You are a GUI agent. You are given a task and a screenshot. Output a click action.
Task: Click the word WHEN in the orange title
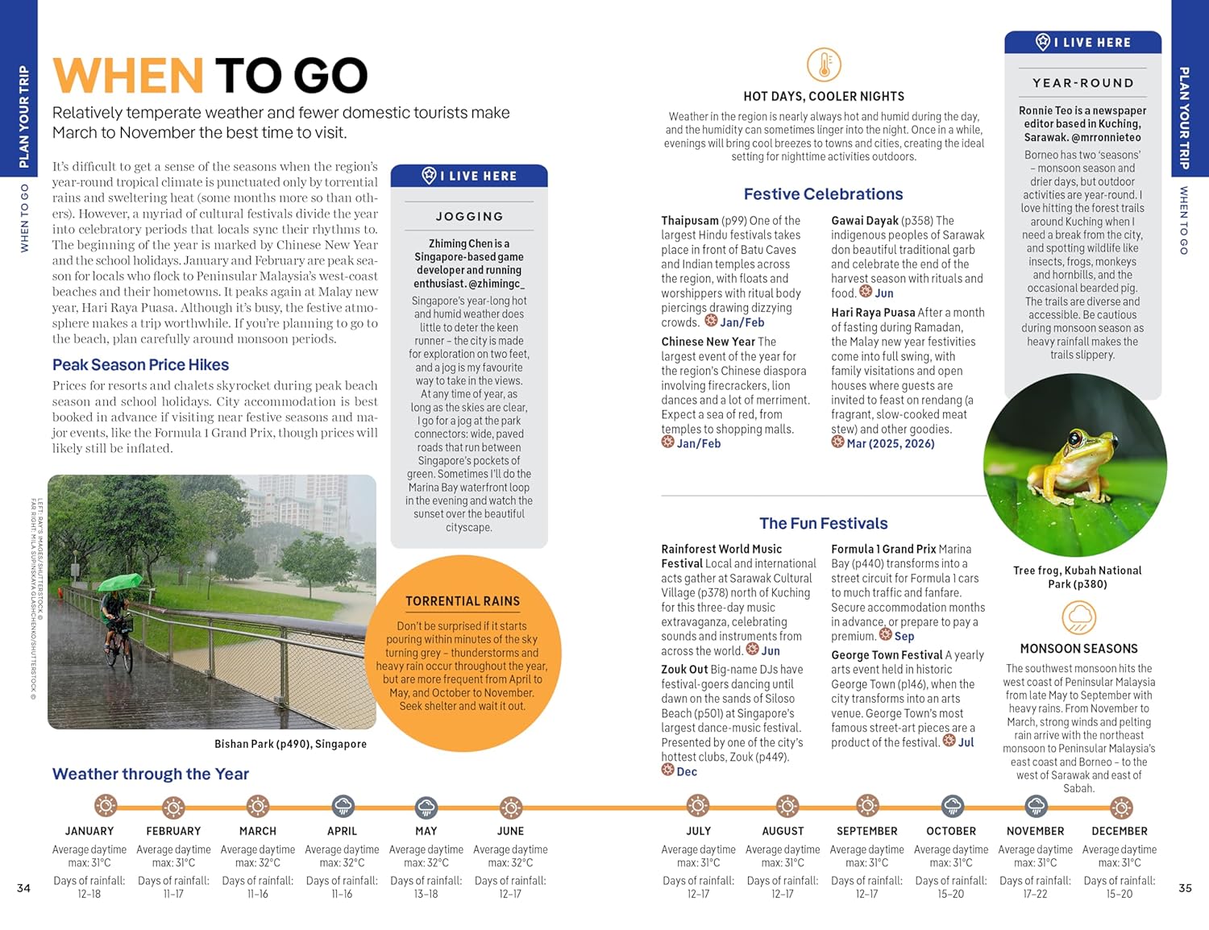127,76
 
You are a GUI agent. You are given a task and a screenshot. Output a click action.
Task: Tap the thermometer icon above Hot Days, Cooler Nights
824,65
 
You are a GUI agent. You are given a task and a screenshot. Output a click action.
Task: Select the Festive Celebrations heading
823,194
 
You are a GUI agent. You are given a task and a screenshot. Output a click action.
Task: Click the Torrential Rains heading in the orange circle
463,601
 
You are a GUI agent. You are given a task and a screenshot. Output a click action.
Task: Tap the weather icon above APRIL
343,806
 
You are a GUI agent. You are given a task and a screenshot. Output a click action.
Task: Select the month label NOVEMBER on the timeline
1035,831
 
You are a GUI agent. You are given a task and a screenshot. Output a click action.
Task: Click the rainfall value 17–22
1035,894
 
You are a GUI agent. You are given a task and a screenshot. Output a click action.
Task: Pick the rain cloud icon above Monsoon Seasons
1078,619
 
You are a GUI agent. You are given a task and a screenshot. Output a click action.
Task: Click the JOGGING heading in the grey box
469,217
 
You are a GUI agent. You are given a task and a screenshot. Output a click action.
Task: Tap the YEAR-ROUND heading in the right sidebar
1082,83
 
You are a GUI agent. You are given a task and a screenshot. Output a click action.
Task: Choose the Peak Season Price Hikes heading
140,365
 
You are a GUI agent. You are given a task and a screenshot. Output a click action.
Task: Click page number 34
23,888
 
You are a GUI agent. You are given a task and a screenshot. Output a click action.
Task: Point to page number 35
1185,888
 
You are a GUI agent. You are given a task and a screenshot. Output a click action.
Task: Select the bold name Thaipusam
690,221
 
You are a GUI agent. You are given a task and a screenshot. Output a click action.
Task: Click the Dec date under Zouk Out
687,772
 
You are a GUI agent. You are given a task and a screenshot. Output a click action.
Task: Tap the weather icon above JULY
698,806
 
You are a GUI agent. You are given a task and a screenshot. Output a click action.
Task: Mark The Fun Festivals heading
823,524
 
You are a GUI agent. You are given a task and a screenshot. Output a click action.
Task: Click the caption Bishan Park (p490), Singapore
290,744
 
